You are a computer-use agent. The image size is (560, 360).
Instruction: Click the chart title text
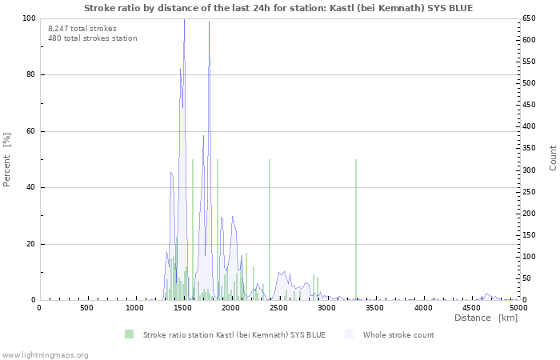coord(278,8)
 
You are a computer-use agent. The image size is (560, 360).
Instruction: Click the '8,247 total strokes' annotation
coord(82,28)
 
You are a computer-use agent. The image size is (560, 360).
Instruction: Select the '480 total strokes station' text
coord(92,38)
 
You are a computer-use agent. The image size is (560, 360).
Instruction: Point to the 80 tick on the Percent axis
coord(30,75)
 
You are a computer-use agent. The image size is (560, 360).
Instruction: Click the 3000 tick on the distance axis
coord(326,308)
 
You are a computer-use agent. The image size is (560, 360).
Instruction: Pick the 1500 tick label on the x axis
coord(183,308)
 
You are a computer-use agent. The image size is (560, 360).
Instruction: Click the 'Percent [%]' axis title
coord(7,159)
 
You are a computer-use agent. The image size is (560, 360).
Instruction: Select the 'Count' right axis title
coord(553,158)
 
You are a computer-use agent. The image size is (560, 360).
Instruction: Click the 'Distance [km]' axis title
coord(486,318)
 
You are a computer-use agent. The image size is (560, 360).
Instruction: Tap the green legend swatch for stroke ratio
coord(129,334)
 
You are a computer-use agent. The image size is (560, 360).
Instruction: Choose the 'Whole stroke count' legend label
coord(398,334)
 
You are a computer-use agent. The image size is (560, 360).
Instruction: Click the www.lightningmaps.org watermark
coord(45,354)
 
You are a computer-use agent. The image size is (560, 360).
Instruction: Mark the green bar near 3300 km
coord(356,232)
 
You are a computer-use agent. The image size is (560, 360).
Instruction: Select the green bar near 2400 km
coord(270,232)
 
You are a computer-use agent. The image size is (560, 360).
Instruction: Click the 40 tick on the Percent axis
coord(30,188)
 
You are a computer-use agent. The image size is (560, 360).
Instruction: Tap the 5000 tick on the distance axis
coord(518,308)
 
